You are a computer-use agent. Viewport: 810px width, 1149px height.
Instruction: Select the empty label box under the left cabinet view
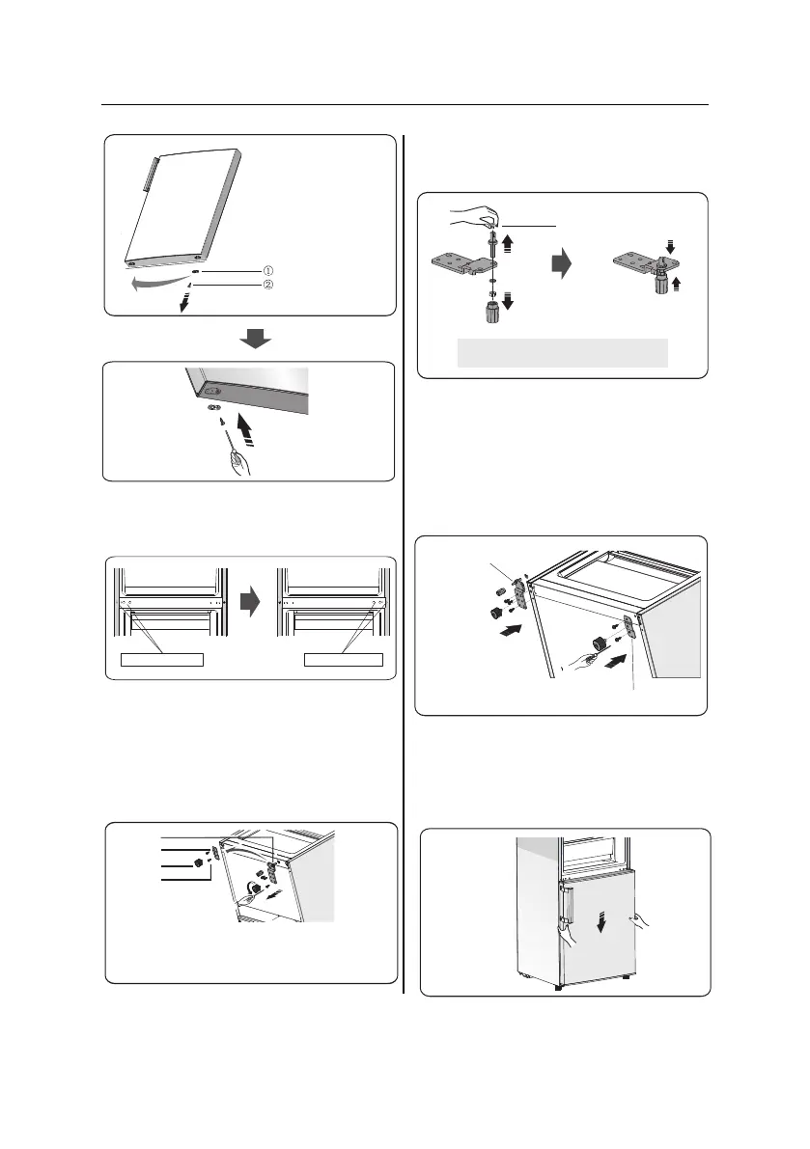point(161,660)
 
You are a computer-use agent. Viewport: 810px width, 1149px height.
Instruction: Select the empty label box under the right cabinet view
point(344,660)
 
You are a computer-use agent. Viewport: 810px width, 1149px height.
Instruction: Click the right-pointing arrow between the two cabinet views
point(248,603)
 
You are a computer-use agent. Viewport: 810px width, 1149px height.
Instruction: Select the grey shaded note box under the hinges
point(563,352)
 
